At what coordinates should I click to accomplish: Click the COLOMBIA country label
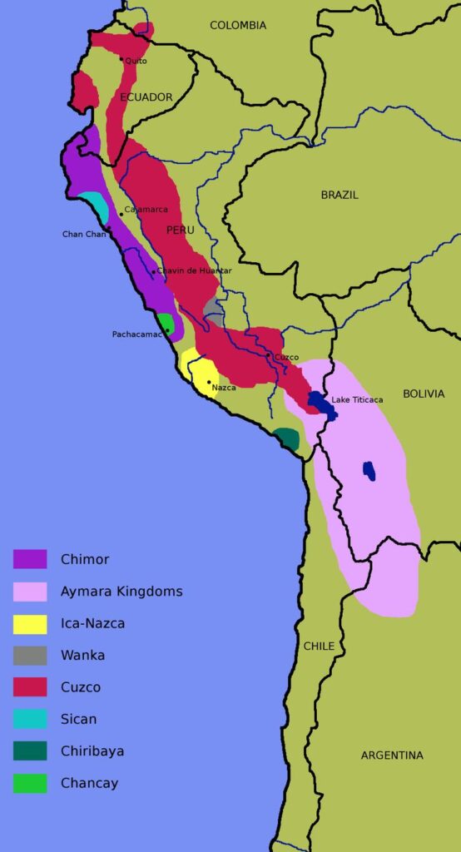click(x=238, y=26)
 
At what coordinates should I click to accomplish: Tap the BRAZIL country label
click(x=340, y=195)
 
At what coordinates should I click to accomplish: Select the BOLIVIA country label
click(x=424, y=394)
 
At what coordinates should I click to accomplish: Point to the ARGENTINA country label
click(x=392, y=755)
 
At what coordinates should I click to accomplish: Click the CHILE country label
click(x=319, y=646)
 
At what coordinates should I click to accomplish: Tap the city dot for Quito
click(x=121, y=59)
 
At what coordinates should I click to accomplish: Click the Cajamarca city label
click(x=146, y=210)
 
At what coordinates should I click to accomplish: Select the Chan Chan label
click(x=84, y=235)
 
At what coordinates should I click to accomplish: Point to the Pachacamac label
click(x=137, y=334)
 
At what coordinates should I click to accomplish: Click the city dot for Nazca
click(x=208, y=383)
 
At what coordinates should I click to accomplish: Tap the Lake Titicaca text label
click(x=357, y=400)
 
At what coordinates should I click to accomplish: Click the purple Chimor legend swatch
click(x=30, y=559)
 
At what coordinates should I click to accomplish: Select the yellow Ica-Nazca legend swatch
click(x=30, y=623)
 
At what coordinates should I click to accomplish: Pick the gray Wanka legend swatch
click(x=30, y=656)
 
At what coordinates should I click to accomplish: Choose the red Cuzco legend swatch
click(x=30, y=687)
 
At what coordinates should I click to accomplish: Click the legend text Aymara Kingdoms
click(x=121, y=592)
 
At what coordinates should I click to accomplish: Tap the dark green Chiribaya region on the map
click(x=287, y=438)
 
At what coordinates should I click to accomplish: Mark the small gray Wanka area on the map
click(x=215, y=313)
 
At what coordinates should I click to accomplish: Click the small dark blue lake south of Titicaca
click(x=369, y=471)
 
